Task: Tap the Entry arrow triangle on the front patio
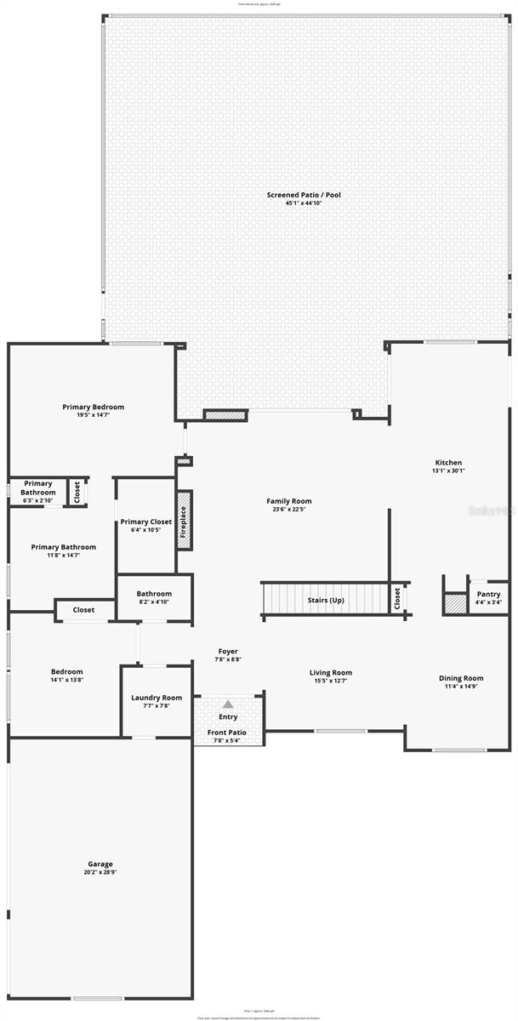[228, 704]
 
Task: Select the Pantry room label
[488, 595]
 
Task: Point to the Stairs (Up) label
[326, 600]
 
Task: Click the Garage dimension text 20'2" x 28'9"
[100, 872]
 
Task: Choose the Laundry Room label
[157, 698]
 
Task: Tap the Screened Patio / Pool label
[304, 195]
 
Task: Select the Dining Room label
[461, 678]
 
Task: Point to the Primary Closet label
[146, 522]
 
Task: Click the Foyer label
[228, 652]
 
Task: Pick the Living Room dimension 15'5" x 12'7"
[332, 681]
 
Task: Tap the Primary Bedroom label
[93, 407]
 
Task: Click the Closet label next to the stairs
[397, 599]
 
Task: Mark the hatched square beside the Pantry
[455, 602]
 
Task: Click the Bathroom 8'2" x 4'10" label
[154, 594]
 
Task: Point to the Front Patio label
[227, 732]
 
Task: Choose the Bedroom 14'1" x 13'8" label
[66, 671]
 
